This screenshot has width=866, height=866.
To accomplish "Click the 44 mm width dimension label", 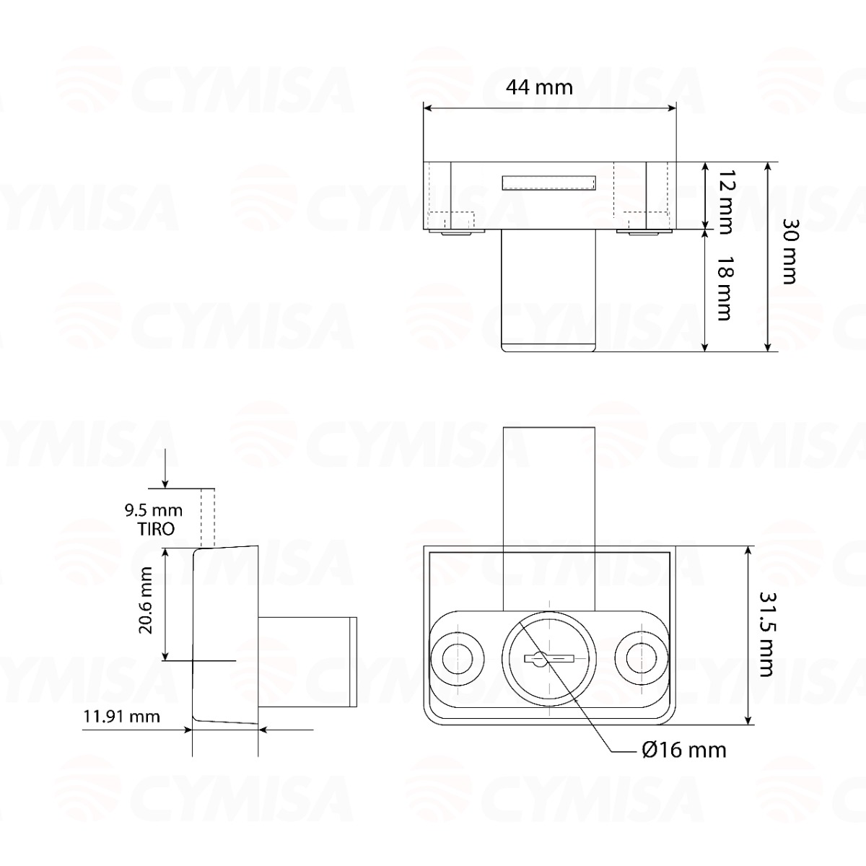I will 538,87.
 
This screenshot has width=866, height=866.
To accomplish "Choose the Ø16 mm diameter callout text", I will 683,750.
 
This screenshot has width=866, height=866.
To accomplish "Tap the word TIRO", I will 156,529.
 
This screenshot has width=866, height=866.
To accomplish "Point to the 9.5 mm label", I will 153,511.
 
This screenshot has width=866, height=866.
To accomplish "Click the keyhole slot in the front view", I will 548,658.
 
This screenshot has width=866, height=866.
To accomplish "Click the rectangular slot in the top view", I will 548,183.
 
